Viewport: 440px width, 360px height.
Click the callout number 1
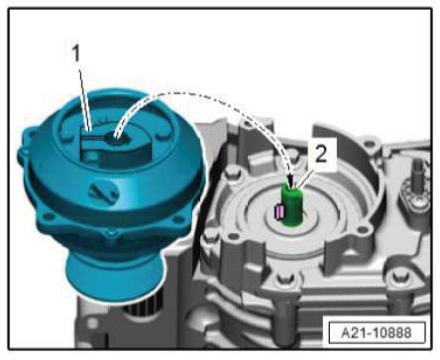click(76, 54)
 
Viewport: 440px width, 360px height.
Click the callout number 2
click(321, 154)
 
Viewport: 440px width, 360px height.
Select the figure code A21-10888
click(377, 332)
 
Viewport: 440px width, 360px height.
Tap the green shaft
click(292, 205)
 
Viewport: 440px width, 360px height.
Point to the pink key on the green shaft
click(279, 212)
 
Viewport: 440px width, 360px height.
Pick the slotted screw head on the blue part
click(103, 192)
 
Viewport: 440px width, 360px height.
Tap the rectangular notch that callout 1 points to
click(90, 141)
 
